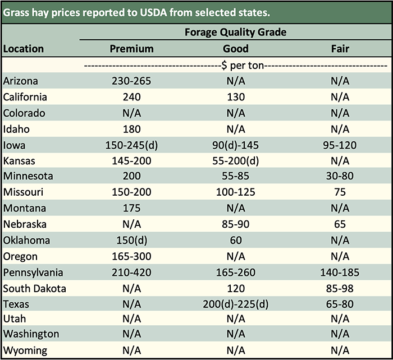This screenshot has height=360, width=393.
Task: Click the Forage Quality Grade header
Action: tap(235, 32)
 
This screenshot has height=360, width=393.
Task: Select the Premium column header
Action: tap(131, 49)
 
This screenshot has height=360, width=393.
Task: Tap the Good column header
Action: tap(235, 49)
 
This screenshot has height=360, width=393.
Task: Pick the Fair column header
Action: tap(340, 49)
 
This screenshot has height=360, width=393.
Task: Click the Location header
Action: tap(24, 49)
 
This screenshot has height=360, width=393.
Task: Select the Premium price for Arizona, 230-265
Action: tap(131, 81)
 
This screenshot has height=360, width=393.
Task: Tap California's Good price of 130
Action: tap(235, 97)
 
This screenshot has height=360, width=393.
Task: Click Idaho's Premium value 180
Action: tap(131, 129)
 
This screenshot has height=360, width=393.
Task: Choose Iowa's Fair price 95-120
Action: tap(340, 145)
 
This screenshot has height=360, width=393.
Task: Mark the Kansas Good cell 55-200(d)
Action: tap(235, 161)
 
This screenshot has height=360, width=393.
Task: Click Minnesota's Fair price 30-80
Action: tap(340, 177)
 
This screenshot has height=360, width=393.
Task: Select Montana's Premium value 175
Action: tap(131, 209)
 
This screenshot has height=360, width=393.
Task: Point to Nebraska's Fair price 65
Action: tap(340, 224)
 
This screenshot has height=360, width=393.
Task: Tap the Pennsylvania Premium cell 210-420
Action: tap(131, 273)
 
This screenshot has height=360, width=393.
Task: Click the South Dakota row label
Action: tap(35, 289)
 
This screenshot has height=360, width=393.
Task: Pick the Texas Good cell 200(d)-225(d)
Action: tap(235, 304)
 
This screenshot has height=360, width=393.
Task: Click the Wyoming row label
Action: tap(25, 352)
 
